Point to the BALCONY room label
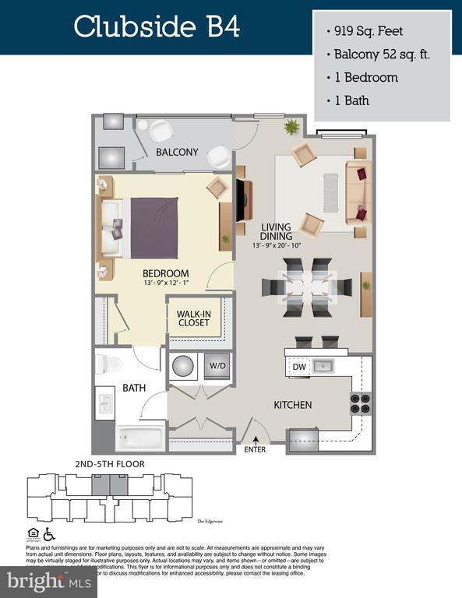point(177,152)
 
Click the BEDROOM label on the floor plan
point(165,273)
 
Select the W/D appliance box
point(216,366)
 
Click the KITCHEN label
point(292,405)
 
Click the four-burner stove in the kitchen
point(359,403)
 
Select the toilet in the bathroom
point(111,363)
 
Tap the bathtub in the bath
point(139,438)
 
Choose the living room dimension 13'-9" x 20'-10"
point(276,246)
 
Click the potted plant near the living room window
point(292,127)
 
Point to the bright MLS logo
point(48,580)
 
